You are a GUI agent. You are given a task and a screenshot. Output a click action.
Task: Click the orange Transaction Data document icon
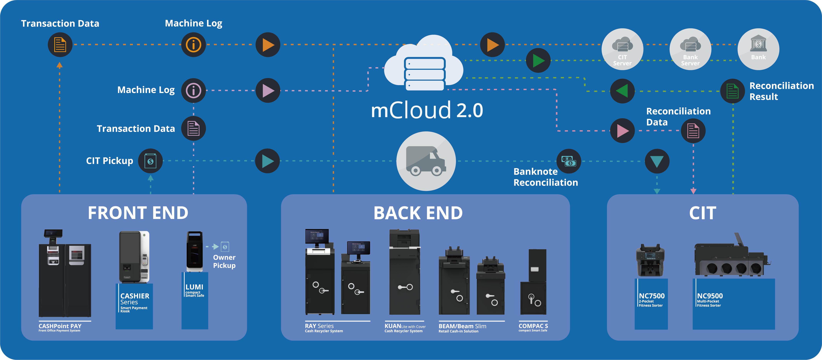click(x=60, y=45)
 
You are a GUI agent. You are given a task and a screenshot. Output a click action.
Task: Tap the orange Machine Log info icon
click(x=193, y=45)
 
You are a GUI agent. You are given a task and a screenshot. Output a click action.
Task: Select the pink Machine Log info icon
click(x=193, y=91)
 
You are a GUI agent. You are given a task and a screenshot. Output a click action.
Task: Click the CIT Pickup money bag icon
click(x=150, y=161)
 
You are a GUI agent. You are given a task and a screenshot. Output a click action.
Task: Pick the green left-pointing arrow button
click(x=622, y=91)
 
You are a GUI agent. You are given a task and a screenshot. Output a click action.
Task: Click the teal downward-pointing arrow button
click(x=657, y=161)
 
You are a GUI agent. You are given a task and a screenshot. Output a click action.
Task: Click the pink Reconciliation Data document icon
click(x=693, y=131)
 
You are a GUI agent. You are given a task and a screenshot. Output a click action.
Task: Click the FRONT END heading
click(x=138, y=213)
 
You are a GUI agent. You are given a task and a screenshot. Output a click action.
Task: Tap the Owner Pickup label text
click(x=224, y=261)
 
